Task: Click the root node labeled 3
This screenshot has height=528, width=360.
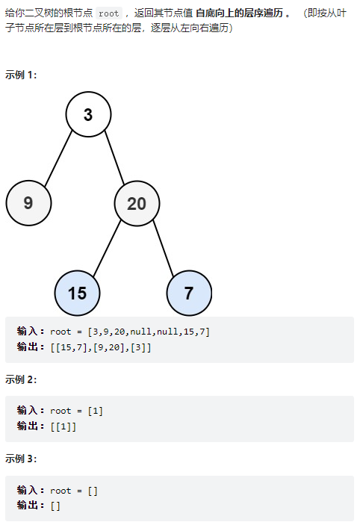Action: click(88, 114)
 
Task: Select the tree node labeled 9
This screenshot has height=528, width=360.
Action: click(28, 202)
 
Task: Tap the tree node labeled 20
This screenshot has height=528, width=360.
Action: click(137, 203)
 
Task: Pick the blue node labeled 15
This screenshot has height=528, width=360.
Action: click(78, 293)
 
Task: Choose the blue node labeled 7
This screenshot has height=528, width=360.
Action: click(189, 293)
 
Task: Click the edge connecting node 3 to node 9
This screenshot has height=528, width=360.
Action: click(58, 158)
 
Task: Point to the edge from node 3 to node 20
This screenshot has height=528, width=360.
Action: click(114, 158)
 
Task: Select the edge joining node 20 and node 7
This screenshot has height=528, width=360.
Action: click(164, 249)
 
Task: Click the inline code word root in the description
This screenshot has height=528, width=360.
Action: click(109, 13)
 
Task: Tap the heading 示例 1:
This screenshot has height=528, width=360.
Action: click(21, 75)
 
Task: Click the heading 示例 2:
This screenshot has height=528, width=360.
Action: click(21, 379)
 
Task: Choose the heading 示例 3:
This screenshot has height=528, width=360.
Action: click(21, 459)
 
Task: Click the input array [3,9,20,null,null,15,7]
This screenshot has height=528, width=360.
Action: click(149, 332)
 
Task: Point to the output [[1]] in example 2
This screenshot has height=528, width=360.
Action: click(63, 426)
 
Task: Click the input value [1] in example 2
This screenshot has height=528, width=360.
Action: click(96, 411)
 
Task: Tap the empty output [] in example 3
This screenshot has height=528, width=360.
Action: click(55, 506)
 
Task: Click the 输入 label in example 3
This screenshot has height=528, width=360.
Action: click(27, 490)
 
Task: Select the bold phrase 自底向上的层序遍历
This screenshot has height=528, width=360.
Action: click(240, 13)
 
